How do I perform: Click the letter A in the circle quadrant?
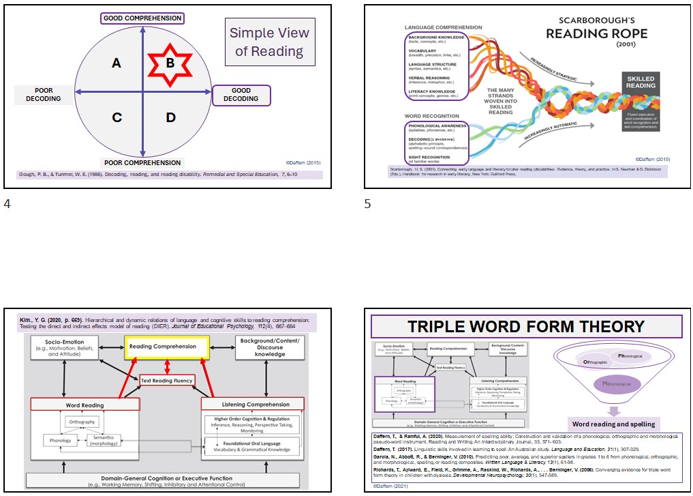(x=117, y=63)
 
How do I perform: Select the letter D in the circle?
(x=170, y=117)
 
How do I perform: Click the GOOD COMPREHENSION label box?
(x=142, y=18)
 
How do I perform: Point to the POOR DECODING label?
(x=44, y=94)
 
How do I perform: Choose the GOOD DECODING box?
(x=241, y=95)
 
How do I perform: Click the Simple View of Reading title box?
(x=270, y=42)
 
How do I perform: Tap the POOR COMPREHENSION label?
(x=142, y=162)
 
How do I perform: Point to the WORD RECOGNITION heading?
(x=432, y=116)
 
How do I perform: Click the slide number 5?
(x=368, y=203)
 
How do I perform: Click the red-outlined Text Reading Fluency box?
(x=166, y=379)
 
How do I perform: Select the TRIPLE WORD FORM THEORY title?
(x=525, y=327)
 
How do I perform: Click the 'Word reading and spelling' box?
(x=613, y=424)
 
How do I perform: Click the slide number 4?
(x=7, y=203)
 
